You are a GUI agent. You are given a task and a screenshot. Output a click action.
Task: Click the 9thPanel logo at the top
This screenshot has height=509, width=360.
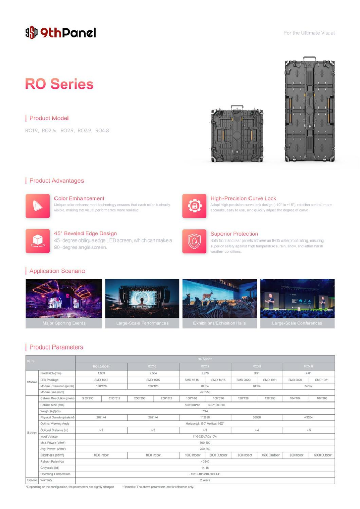[60, 33]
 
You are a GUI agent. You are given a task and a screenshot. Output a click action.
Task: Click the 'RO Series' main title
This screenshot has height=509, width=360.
[60, 84]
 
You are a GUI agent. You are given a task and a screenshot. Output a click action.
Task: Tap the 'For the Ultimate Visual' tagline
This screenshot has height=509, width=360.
[309, 33]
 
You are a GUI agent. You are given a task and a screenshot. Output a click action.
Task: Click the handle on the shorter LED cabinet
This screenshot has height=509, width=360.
[237, 109]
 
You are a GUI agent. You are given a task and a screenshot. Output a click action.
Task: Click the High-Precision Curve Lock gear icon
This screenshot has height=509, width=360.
[194, 205]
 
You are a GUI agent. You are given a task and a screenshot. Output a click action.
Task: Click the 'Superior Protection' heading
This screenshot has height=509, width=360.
[234, 234]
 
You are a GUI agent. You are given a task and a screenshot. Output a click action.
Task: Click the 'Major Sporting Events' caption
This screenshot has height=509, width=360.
[64, 323]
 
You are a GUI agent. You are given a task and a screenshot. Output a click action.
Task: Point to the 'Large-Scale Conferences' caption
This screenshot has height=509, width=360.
[297, 323]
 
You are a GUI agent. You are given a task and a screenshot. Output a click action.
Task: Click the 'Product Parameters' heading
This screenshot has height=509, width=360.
[56, 347]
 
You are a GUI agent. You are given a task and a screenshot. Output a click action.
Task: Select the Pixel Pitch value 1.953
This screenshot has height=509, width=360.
[101, 373]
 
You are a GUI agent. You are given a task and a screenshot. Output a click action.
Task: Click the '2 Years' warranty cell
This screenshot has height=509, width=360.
[205, 480]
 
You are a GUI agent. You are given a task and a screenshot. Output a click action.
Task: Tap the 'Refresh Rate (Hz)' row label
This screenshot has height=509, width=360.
[51, 461]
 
